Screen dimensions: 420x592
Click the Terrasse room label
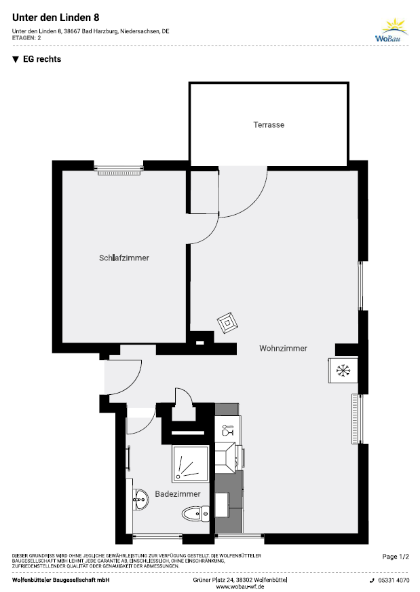(269, 124)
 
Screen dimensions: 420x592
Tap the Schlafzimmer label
(124, 258)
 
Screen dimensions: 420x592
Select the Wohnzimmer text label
(283, 348)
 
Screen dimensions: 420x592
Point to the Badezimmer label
(178, 494)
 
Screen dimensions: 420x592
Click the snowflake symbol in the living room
(343, 370)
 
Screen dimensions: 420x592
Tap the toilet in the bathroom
(195, 514)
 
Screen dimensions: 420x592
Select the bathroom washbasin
(140, 499)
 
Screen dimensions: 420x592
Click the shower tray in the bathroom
(191, 464)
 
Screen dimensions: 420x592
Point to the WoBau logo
(392, 30)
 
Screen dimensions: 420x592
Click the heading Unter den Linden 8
(56, 18)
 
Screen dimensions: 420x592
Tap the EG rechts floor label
(42, 59)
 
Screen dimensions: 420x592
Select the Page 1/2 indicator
(396, 556)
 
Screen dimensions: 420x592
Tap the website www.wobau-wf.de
(240, 587)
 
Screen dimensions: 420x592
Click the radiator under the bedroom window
(119, 173)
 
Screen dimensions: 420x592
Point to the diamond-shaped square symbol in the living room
(227, 323)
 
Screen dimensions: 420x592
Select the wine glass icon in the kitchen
(228, 430)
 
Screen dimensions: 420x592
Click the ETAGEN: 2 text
(26, 38)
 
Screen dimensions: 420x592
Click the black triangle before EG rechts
(16, 59)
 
